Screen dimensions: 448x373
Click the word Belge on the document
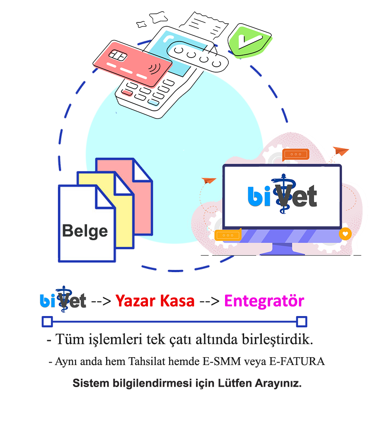coord(85,231)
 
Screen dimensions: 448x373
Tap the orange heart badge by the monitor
coord(345,234)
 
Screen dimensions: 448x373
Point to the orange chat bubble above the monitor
coord(296,154)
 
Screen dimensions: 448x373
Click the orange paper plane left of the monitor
coord(209,181)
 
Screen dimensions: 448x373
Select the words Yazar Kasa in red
coord(155,301)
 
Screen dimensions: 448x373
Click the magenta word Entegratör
coord(264,301)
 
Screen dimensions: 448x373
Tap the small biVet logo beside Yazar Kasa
coord(63,299)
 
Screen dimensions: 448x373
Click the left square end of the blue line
coord(47,321)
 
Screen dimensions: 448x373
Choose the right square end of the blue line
coord(302,321)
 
